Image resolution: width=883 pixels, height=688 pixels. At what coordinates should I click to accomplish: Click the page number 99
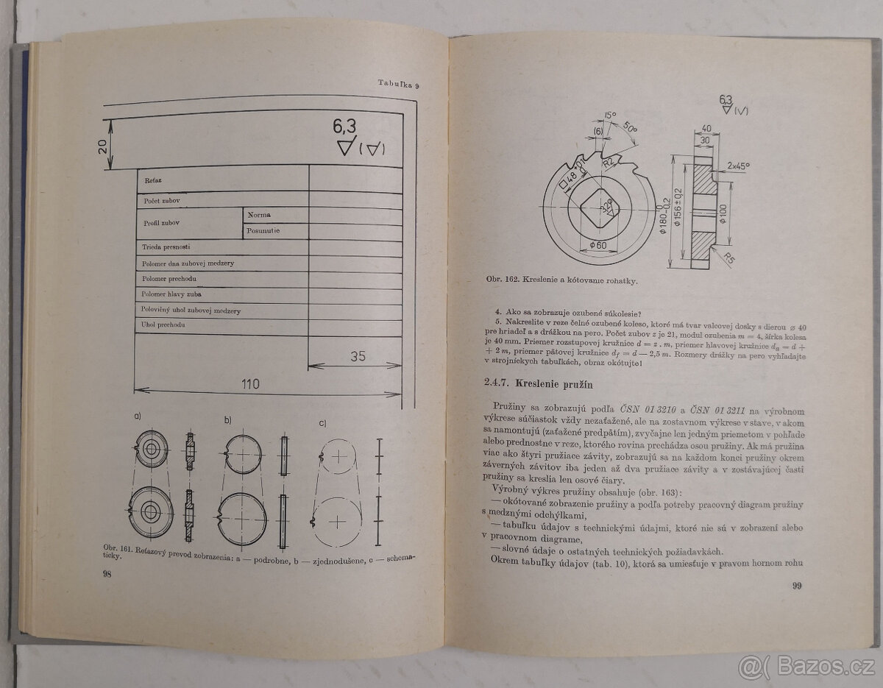[x=796, y=586]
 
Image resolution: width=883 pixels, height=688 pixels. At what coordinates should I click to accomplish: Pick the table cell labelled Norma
[x=259, y=215]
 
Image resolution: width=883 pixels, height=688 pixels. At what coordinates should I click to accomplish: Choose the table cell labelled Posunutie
[x=263, y=231]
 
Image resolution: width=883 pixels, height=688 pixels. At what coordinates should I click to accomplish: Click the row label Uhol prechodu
[x=163, y=325]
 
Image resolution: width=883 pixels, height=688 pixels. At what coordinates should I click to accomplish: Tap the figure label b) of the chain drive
[x=228, y=420]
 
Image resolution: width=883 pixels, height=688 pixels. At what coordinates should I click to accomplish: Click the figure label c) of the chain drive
[x=322, y=423]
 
